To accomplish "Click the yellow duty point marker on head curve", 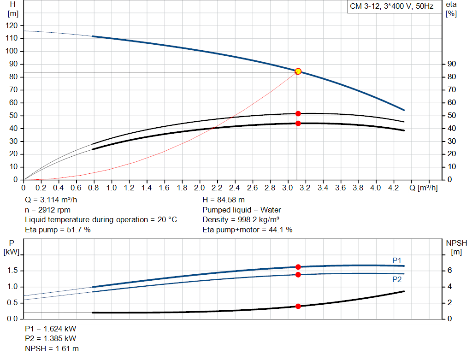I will click(298, 71).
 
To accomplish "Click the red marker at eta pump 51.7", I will click(298, 113).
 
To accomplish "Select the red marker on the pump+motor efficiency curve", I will click(298, 123).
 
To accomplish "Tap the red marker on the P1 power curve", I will click(298, 267).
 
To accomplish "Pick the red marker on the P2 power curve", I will click(298, 275).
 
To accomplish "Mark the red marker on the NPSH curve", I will click(298, 306).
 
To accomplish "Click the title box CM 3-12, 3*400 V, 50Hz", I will click(390, 7).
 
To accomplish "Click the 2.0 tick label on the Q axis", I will click(199, 188).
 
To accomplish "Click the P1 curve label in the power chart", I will click(397, 261).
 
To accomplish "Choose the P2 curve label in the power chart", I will click(397, 279).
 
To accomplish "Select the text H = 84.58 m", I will click(224, 200).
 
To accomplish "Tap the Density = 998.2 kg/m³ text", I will click(241, 219).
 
